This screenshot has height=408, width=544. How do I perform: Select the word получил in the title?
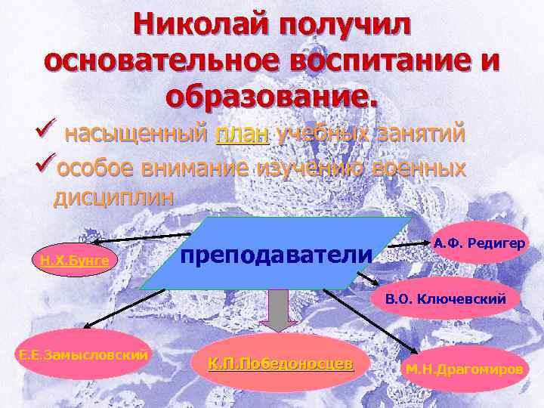coord(345,24)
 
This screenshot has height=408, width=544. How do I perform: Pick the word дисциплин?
coord(113,197)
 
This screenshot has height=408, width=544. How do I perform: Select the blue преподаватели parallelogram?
coord(276,254)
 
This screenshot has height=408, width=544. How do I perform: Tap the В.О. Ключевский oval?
coord(446,298)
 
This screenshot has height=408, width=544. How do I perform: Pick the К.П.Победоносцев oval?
coord(280,363)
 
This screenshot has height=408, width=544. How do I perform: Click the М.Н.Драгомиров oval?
coord(474,369)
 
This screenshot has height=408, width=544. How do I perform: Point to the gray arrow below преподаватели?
coord(280,311)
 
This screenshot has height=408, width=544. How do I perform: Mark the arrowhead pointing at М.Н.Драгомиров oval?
coord(415,350)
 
